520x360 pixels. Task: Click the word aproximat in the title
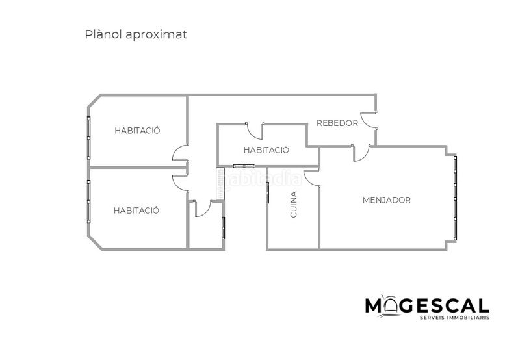click(x=157, y=35)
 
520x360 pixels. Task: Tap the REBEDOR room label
click(x=337, y=123)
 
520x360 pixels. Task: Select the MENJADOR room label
click(x=387, y=200)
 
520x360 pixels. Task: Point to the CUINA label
click(x=294, y=205)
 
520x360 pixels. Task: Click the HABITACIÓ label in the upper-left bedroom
click(x=137, y=130)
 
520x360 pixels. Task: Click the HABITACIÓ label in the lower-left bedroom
click(x=136, y=211)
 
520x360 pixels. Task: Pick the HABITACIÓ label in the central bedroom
click(x=266, y=150)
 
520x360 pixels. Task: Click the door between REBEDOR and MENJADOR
click(x=365, y=156)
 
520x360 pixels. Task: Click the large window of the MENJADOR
click(x=456, y=198)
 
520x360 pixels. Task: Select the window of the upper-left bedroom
click(x=88, y=138)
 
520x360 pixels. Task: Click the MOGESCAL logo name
click(x=427, y=305)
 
